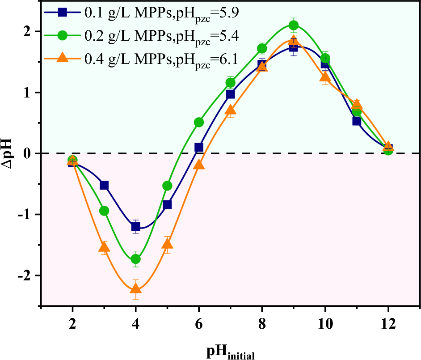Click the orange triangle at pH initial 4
pyautogui.click(x=135, y=288)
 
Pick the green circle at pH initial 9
pyautogui.click(x=294, y=25)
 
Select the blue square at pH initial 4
pyautogui.click(x=135, y=227)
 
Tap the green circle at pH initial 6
pyautogui.click(x=199, y=122)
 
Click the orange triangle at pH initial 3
pyautogui.click(x=104, y=247)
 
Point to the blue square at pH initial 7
pyautogui.click(x=231, y=94)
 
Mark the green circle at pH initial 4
pyautogui.click(x=135, y=259)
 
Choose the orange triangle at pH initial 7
pyautogui.click(x=231, y=110)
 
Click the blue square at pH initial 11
pyautogui.click(x=357, y=121)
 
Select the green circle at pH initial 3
pyautogui.click(x=104, y=211)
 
